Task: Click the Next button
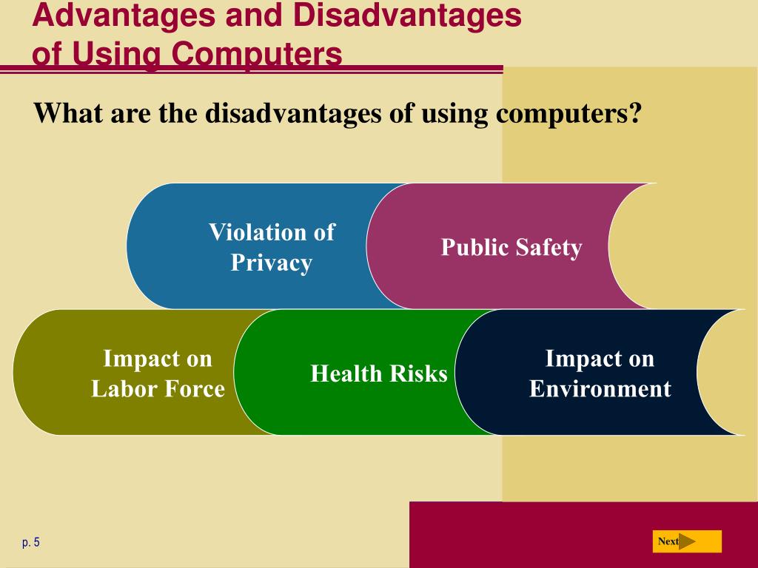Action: (x=686, y=541)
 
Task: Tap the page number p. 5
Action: (x=31, y=543)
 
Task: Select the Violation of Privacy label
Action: (x=271, y=247)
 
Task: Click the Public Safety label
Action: (x=512, y=247)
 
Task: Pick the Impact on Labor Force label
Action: (x=158, y=373)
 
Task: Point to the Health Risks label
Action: (x=379, y=373)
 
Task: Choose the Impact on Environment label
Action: (x=600, y=373)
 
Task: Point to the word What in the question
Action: (x=67, y=114)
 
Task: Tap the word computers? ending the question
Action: (x=567, y=114)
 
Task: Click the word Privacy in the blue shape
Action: (x=271, y=263)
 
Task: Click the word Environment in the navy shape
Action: (x=600, y=388)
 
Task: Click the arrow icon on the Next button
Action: (x=688, y=541)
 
